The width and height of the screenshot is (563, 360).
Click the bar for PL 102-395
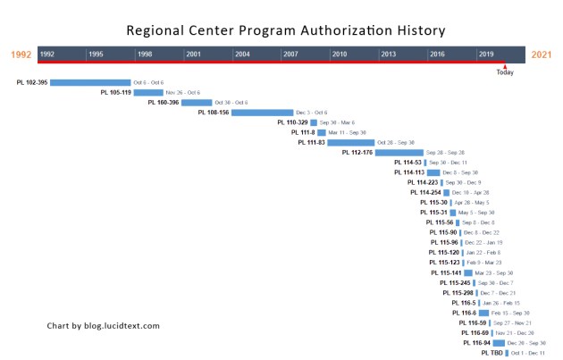point(90,82)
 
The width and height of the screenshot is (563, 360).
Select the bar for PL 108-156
point(262,113)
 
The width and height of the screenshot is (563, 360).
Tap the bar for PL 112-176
point(399,153)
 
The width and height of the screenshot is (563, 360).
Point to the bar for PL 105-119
point(148,92)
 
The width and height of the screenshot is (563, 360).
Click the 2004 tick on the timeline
point(242,54)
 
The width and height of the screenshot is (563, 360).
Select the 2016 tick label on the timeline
point(437,54)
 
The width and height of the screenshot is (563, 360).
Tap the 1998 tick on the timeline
point(145,54)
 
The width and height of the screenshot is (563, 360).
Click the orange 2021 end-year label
point(542,54)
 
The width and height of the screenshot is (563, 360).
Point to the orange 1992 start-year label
point(21,54)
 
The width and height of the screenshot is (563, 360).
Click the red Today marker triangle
point(505,65)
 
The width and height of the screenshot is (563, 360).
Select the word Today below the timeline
point(505,72)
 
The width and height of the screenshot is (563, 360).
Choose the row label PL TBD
point(492,353)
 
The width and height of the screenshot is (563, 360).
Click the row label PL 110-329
point(292,122)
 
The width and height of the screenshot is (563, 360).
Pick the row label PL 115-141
point(445,272)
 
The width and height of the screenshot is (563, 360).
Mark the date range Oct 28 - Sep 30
point(396,142)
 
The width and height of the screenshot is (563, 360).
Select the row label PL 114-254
point(425,192)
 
